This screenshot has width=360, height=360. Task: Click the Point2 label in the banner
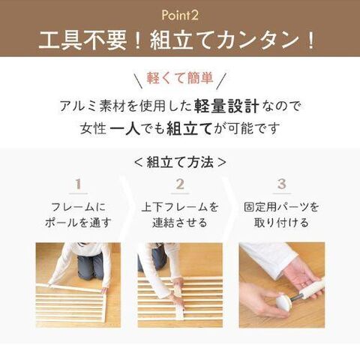[180, 15]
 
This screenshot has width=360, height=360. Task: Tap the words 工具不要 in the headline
[83, 40]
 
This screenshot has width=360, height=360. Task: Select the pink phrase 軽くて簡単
[180, 78]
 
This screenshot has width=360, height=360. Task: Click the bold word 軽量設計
[226, 106]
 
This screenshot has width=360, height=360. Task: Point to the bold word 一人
[124, 129]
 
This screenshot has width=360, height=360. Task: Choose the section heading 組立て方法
[180, 162]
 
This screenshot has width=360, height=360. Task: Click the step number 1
[78, 184]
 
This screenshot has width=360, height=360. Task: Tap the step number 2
[180, 184]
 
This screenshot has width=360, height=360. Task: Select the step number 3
[282, 184]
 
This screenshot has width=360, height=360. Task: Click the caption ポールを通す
[78, 223]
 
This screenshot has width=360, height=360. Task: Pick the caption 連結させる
[180, 223]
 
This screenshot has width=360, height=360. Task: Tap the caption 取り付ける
[282, 223]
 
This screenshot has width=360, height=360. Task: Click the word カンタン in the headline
[257, 40]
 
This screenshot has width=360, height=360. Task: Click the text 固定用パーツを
[282, 207]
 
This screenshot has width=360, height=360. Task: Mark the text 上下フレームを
[180, 207]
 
